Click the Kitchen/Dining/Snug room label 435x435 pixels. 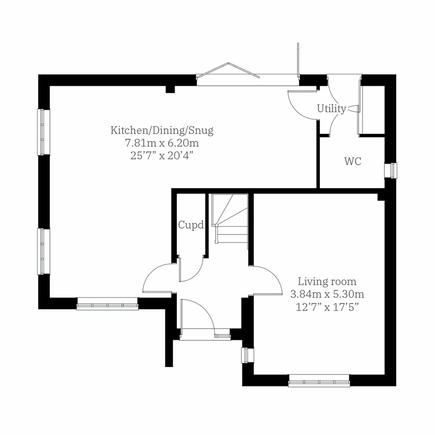[162, 130]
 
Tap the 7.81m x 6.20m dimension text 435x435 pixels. [162, 143]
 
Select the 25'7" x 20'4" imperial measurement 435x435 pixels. [162, 156]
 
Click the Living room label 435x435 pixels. [327, 281]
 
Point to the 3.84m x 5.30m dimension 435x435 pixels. [327, 294]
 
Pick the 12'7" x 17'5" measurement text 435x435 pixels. [327, 307]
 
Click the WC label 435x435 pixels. [353, 162]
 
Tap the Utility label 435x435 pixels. [331, 108]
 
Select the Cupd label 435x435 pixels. [191, 225]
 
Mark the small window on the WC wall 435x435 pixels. [391, 170]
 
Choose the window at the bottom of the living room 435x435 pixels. [319, 381]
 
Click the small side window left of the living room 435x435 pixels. [248, 355]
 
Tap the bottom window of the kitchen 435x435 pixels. [108, 304]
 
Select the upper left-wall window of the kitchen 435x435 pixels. [43, 132]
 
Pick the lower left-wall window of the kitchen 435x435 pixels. [43, 251]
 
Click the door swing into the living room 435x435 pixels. [268, 281]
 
